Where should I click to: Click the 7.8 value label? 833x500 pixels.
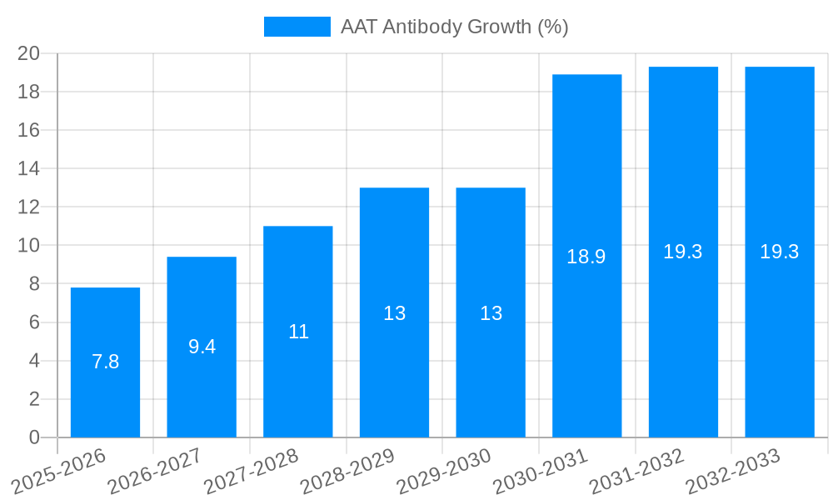pos(105,362)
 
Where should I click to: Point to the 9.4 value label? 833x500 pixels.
pos(202,347)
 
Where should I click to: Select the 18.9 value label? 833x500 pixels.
pos(586,257)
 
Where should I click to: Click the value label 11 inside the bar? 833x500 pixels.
pos(298,332)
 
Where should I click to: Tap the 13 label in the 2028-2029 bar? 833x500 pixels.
pos(394,313)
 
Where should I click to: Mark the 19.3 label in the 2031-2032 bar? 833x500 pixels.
pos(683,252)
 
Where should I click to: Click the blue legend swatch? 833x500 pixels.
pos(297,27)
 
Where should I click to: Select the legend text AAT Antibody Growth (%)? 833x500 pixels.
pos(454,27)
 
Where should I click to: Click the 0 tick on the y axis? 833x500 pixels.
pos(34,437)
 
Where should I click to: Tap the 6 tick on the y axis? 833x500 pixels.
pos(34,322)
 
